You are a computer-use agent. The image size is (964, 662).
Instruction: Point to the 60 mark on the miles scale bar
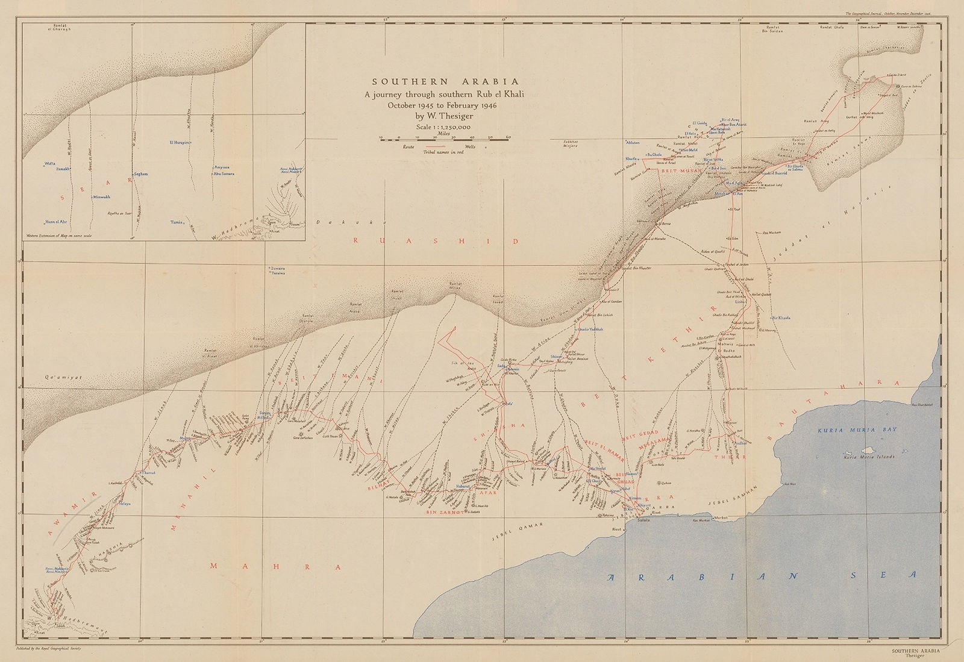[508, 139]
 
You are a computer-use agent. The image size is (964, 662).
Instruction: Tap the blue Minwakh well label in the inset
[101, 197]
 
